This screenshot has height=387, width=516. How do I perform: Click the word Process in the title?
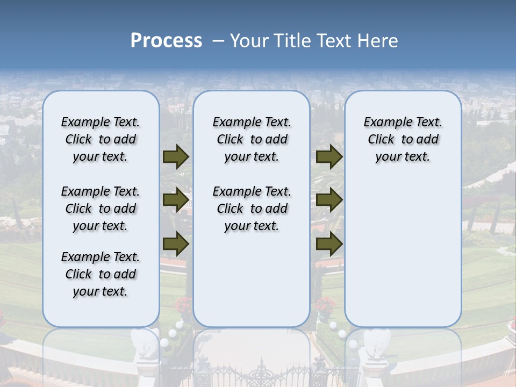click(166, 41)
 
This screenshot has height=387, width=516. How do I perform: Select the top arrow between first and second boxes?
click(176, 156)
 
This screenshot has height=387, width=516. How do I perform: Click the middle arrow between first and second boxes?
click(176, 200)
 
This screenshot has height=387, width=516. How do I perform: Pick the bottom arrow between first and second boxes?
click(176, 244)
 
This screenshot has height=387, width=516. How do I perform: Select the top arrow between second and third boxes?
click(329, 156)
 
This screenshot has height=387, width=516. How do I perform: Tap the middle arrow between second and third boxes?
click(329, 200)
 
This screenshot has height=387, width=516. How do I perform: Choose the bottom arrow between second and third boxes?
click(329, 244)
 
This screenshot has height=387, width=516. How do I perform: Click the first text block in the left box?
click(101, 139)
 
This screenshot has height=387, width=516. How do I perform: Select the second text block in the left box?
click(101, 209)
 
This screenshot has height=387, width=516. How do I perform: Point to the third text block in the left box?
click(101, 274)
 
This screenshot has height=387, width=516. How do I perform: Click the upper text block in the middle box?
click(252, 139)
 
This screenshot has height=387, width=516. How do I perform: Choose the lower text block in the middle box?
click(252, 209)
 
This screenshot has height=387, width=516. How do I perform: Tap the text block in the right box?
click(403, 139)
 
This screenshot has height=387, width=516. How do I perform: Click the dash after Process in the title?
click(218, 41)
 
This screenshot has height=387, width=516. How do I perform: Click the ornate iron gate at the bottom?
click(258, 374)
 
